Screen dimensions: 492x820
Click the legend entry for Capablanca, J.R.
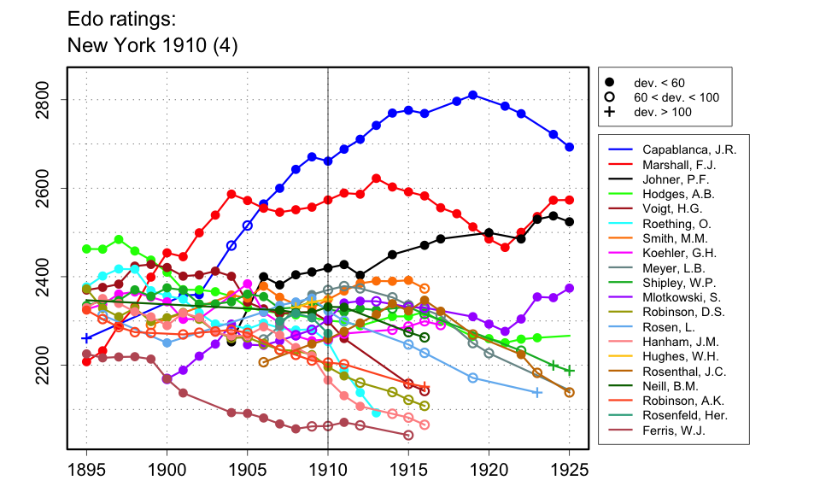(689, 148)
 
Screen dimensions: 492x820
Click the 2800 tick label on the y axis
(49, 100)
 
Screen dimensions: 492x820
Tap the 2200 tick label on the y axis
(49, 365)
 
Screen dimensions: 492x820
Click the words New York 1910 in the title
(152, 45)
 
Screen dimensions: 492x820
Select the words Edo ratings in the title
(114, 18)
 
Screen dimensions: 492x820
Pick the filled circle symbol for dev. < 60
(610, 83)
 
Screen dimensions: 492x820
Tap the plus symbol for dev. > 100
(610, 112)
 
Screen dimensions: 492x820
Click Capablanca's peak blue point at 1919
(473, 95)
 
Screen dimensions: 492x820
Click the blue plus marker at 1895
(86, 338)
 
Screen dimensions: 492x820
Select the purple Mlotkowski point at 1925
(570, 289)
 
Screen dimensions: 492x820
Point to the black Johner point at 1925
(570, 222)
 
